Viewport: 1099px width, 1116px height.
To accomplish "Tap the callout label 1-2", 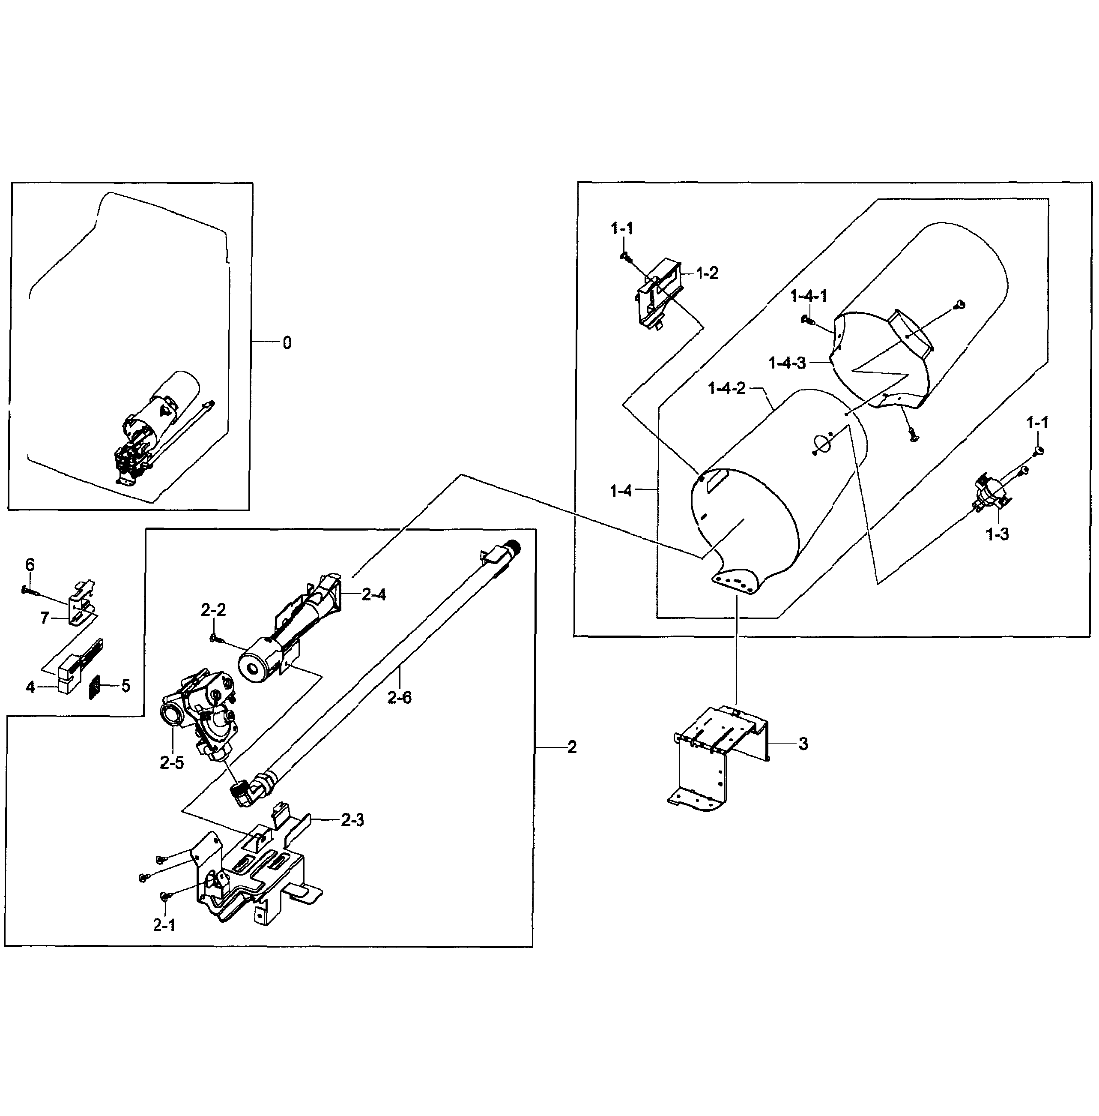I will point(707,273).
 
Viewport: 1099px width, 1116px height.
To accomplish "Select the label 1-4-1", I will point(809,296).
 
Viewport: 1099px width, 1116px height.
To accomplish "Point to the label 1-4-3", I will point(787,363).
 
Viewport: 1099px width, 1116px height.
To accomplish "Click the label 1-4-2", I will point(727,388).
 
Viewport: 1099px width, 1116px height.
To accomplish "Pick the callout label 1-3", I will point(997,535).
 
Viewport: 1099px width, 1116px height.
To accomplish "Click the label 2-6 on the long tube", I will point(400,698).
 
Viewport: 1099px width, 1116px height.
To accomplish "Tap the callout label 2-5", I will point(172,762).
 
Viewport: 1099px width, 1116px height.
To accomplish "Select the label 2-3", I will point(352,820).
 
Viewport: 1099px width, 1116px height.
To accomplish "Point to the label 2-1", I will point(164,925).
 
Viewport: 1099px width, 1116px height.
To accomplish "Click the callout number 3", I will point(803,744).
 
